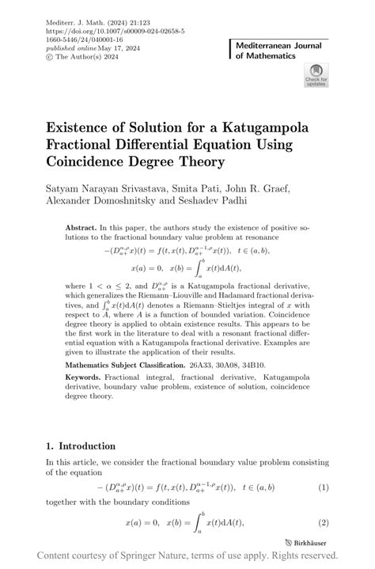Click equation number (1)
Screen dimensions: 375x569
[x=323, y=487]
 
